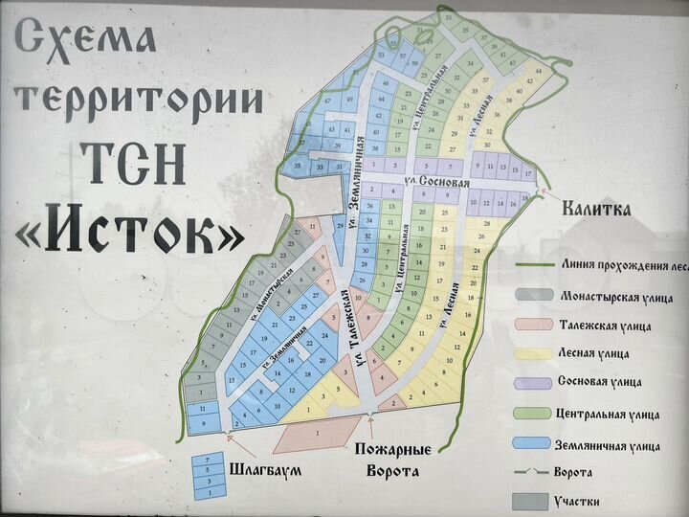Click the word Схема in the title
[x=85, y=39]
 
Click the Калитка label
[x=596, y=210]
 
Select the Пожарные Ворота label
[x=392, y=461]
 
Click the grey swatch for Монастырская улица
[x=534, y=298]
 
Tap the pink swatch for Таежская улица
[x=534, y=326]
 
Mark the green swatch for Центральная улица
[x=534, y=413]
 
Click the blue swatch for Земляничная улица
[x=534, y=442]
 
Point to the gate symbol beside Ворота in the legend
[x=534, y=472]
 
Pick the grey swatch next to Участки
[x=534, y=501]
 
